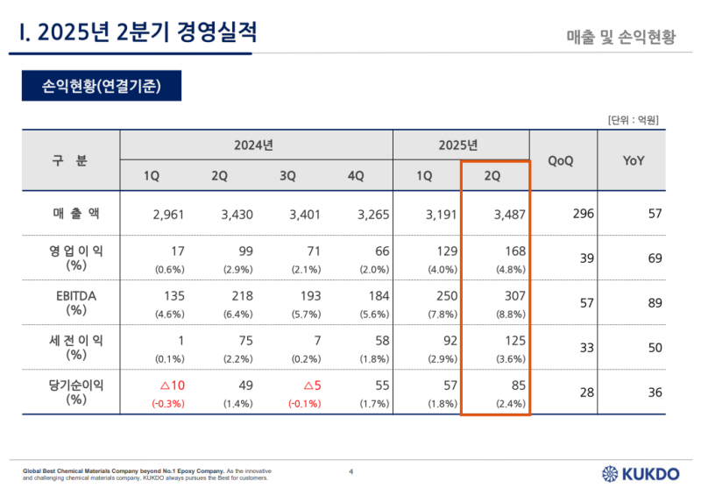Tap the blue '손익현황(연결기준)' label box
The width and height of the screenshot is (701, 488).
(x=101, y=86)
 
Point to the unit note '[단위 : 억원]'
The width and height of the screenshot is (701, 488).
(x=632, y=119)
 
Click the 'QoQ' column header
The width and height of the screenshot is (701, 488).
(x=561, y=160)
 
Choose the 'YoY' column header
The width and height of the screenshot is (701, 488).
(x=633, y=160)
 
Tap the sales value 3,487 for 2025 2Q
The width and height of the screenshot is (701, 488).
(x=507, y=214)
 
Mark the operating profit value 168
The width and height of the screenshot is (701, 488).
(x=514, y=251)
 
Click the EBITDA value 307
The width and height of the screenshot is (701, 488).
(x=514, y=297)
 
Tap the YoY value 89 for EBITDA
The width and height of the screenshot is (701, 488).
(x=654, y=302)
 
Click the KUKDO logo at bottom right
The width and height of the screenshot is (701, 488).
(x=640, y=473)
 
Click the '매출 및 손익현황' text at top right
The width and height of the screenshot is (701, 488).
(x=621, y=37)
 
